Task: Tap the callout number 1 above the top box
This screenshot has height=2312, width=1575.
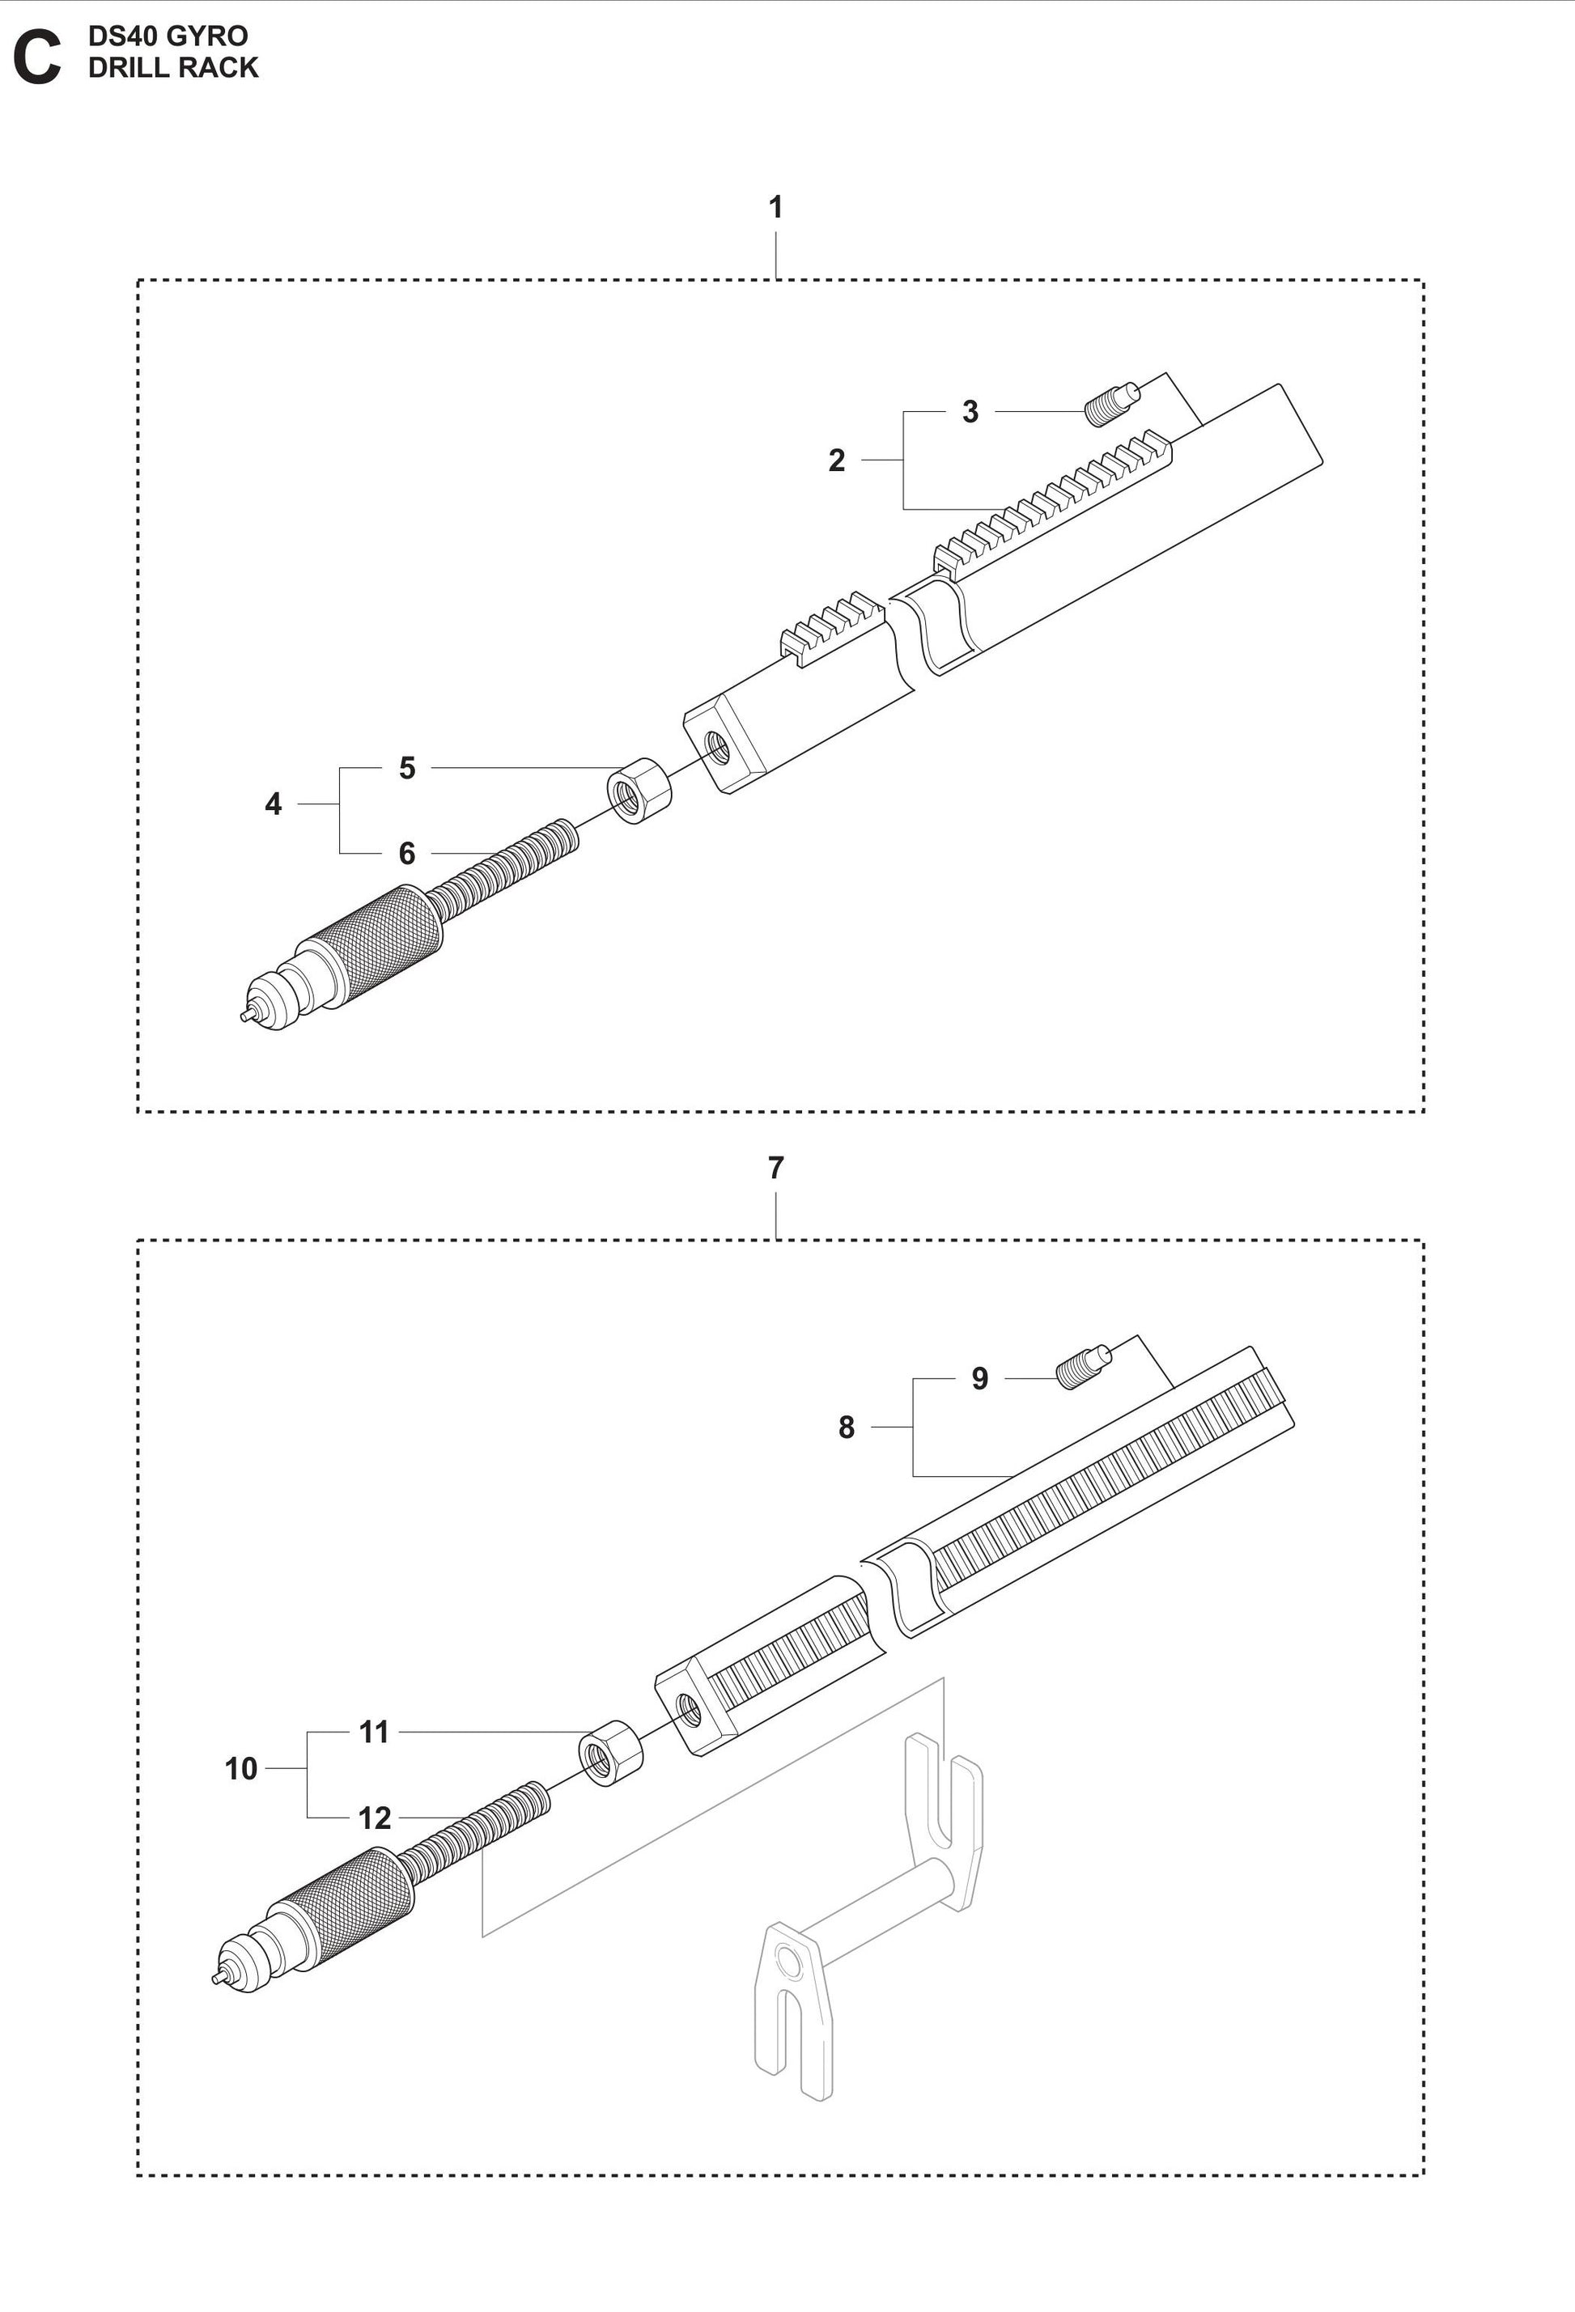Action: point(775,207)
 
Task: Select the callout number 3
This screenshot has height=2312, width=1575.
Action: point(970,412)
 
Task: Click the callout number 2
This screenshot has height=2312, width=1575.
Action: point(837,460)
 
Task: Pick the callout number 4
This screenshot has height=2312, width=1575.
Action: point(273,804)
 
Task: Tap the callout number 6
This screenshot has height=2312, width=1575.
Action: point(406,853)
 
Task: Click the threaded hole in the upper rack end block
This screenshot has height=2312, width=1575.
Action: point(716,743)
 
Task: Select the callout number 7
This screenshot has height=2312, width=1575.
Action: point(775,1167)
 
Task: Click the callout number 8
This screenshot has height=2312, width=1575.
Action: point(846,1428)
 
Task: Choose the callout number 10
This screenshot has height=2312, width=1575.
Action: point(240,1769)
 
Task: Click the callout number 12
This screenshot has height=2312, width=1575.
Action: point(374,1818)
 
